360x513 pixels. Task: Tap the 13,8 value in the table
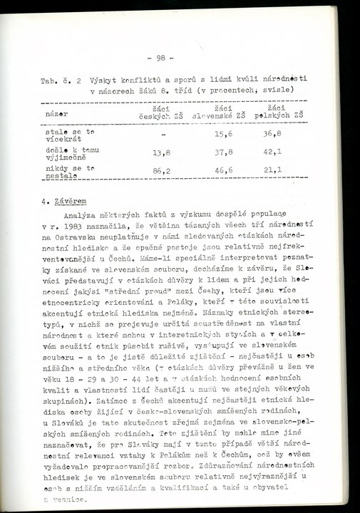click(163, 152)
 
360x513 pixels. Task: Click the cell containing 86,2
click(163, 171)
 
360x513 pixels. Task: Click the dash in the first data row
click(163, 134)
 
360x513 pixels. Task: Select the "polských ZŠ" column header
click(279, 114)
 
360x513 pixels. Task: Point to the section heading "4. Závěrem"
click(66, 201)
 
